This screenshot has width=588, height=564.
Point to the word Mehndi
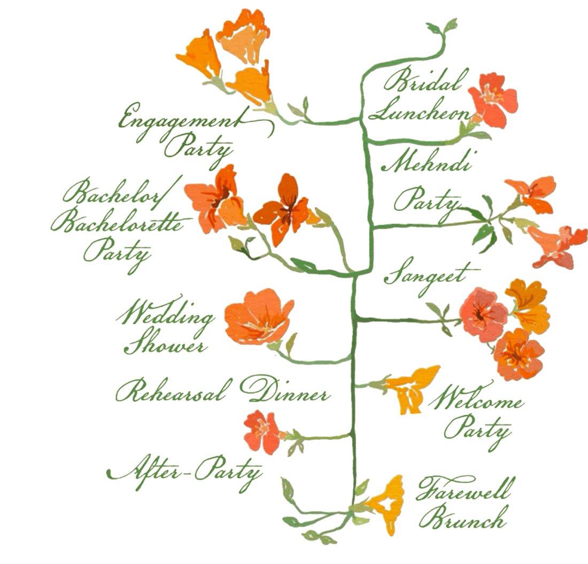tap(428, 162)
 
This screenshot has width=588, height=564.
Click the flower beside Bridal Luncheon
tap(492, 100)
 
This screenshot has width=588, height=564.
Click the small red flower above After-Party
tap(262, 431)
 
